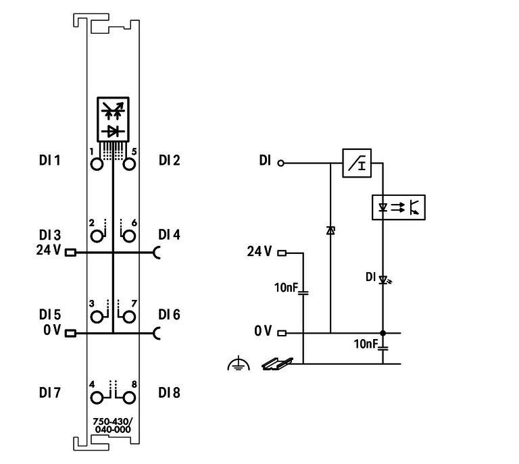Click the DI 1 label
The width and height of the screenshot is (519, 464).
49,160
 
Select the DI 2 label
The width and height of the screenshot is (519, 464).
170,160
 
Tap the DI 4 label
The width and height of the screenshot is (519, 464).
170,235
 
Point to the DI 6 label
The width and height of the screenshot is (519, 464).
170,315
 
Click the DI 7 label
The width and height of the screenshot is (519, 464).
49,392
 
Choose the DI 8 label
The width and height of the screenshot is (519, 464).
170,392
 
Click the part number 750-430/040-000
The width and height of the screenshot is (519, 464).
113,426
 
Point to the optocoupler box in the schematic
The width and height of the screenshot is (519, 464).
399,207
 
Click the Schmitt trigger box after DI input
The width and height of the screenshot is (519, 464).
357,163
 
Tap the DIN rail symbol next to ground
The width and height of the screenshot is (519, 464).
276,365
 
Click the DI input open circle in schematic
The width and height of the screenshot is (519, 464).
281,163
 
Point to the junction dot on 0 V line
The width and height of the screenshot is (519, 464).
383,333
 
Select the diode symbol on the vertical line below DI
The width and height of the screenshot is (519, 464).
330,231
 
